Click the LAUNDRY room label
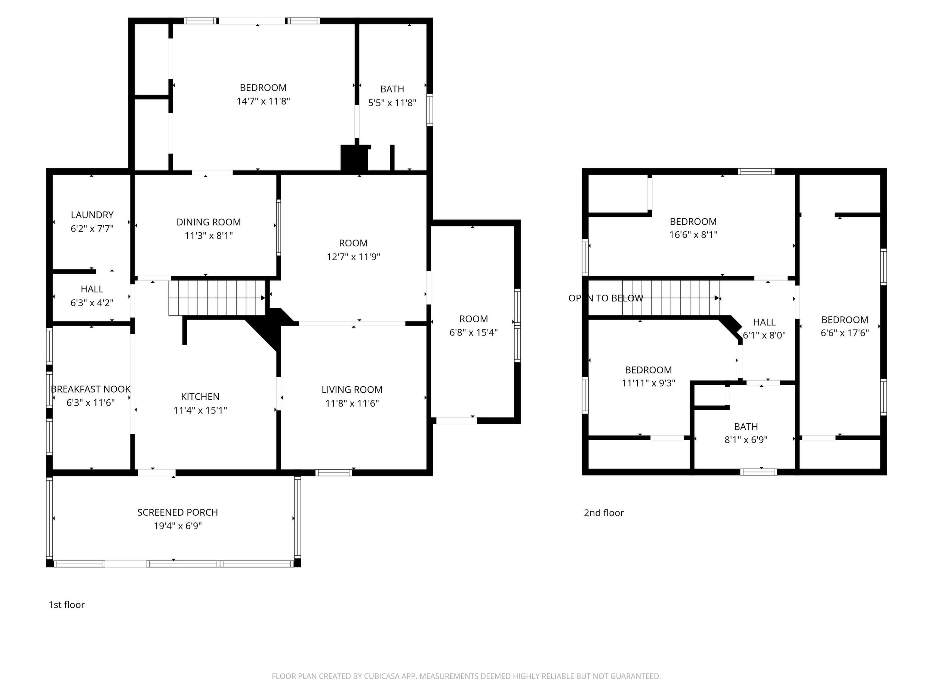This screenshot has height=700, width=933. point(92,215)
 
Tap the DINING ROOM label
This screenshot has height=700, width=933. point(208,222)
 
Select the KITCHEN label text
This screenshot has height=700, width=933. point(200,397)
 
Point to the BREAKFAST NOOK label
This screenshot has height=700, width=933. point(91,389)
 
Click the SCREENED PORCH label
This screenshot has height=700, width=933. point(178,512)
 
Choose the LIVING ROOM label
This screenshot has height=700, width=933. point(352,390)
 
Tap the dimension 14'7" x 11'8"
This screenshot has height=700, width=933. point(263,101)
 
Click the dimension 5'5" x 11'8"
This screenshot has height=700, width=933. point(392,102)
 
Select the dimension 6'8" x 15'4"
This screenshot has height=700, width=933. point(474,332)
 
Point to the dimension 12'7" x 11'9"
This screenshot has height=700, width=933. point(354,257)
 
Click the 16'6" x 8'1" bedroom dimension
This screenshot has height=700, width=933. point(693,234)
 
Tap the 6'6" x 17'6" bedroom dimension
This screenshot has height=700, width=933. point(845,333)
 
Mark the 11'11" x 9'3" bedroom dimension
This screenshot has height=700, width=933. point(649,383)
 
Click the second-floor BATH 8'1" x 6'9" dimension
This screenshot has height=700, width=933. point(746,440)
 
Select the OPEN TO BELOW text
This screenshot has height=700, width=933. point(606,298)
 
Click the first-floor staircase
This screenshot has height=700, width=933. point(217,298)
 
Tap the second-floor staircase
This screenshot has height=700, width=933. point(671,298)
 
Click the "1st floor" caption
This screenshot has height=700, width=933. point(67,605)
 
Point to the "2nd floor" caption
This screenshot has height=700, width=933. point(604,513)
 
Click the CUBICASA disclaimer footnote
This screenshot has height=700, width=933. point(466,676)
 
